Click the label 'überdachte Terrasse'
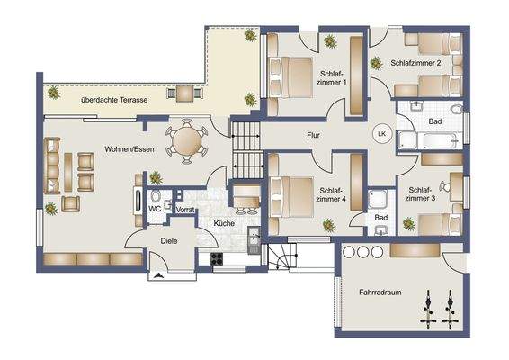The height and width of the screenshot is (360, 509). pyautogui.click(x=113, y=100)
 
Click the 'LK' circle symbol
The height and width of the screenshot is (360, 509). pyautogui.click(x=381, y=133)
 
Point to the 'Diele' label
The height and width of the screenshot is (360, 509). pyautogui.click(x=168, y=240)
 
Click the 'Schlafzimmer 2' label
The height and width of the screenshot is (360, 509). pyautogui.click(x=415, y=64)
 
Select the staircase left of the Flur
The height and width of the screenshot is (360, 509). pyautogui.click(x=246, y=150)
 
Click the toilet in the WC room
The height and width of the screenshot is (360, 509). pyautogui.click(x=156, y=196)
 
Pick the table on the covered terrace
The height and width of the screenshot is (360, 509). pyautogui.click(x=185, y=91)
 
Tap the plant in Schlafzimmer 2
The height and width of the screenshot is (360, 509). pyautogui.click(x=375, y=63)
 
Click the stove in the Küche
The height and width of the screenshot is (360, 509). pyautogui.click(x=218, y=259)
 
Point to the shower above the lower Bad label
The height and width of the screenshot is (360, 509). pyautogui.click(x=383, y=201)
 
